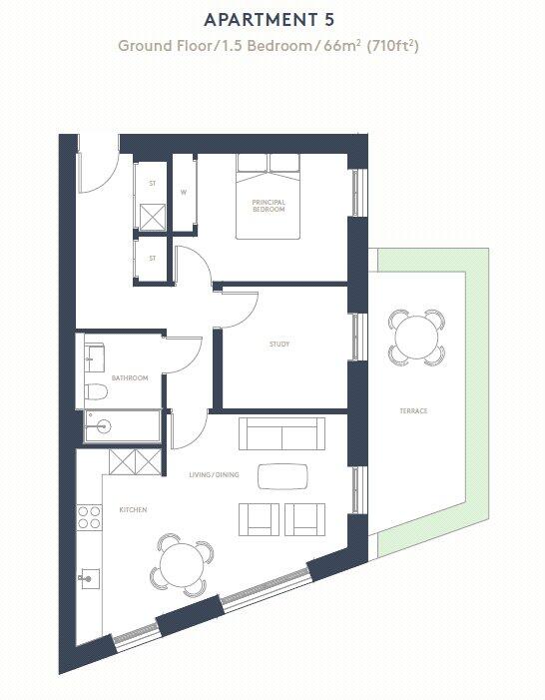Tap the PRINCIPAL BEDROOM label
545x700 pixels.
pos(269,207)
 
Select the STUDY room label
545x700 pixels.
pos(279,345)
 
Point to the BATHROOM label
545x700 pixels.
pos(130,378)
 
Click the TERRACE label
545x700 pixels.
pos(413,410)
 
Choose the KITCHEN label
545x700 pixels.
pos(133,510)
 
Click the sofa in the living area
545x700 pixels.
pos(281,434)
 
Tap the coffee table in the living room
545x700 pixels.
pos(283,477)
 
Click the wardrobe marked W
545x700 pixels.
pos(184,192)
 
